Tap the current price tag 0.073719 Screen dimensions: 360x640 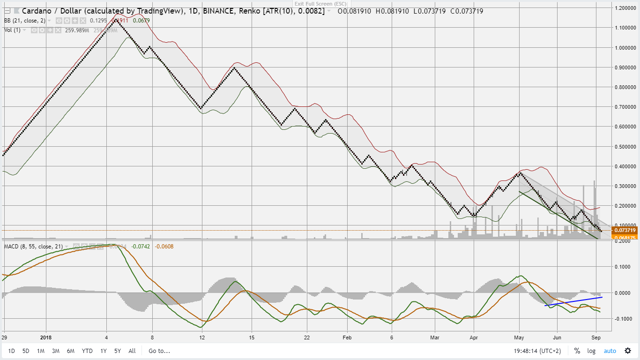click(625, 230)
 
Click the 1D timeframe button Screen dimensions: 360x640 click(11, 351)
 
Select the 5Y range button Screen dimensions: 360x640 click(118, 351)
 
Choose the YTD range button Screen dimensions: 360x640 click(87, 351)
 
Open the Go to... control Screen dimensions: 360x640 click(159, 351)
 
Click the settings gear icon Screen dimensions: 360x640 click(628, 351)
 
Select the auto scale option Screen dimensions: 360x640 click(610, 351)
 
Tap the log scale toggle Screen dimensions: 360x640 click(592, 351)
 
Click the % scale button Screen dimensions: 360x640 click(577, 351)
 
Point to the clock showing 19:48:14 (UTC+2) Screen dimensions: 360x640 click(538, 351)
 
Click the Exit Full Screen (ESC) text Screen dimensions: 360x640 click(321, 4)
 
